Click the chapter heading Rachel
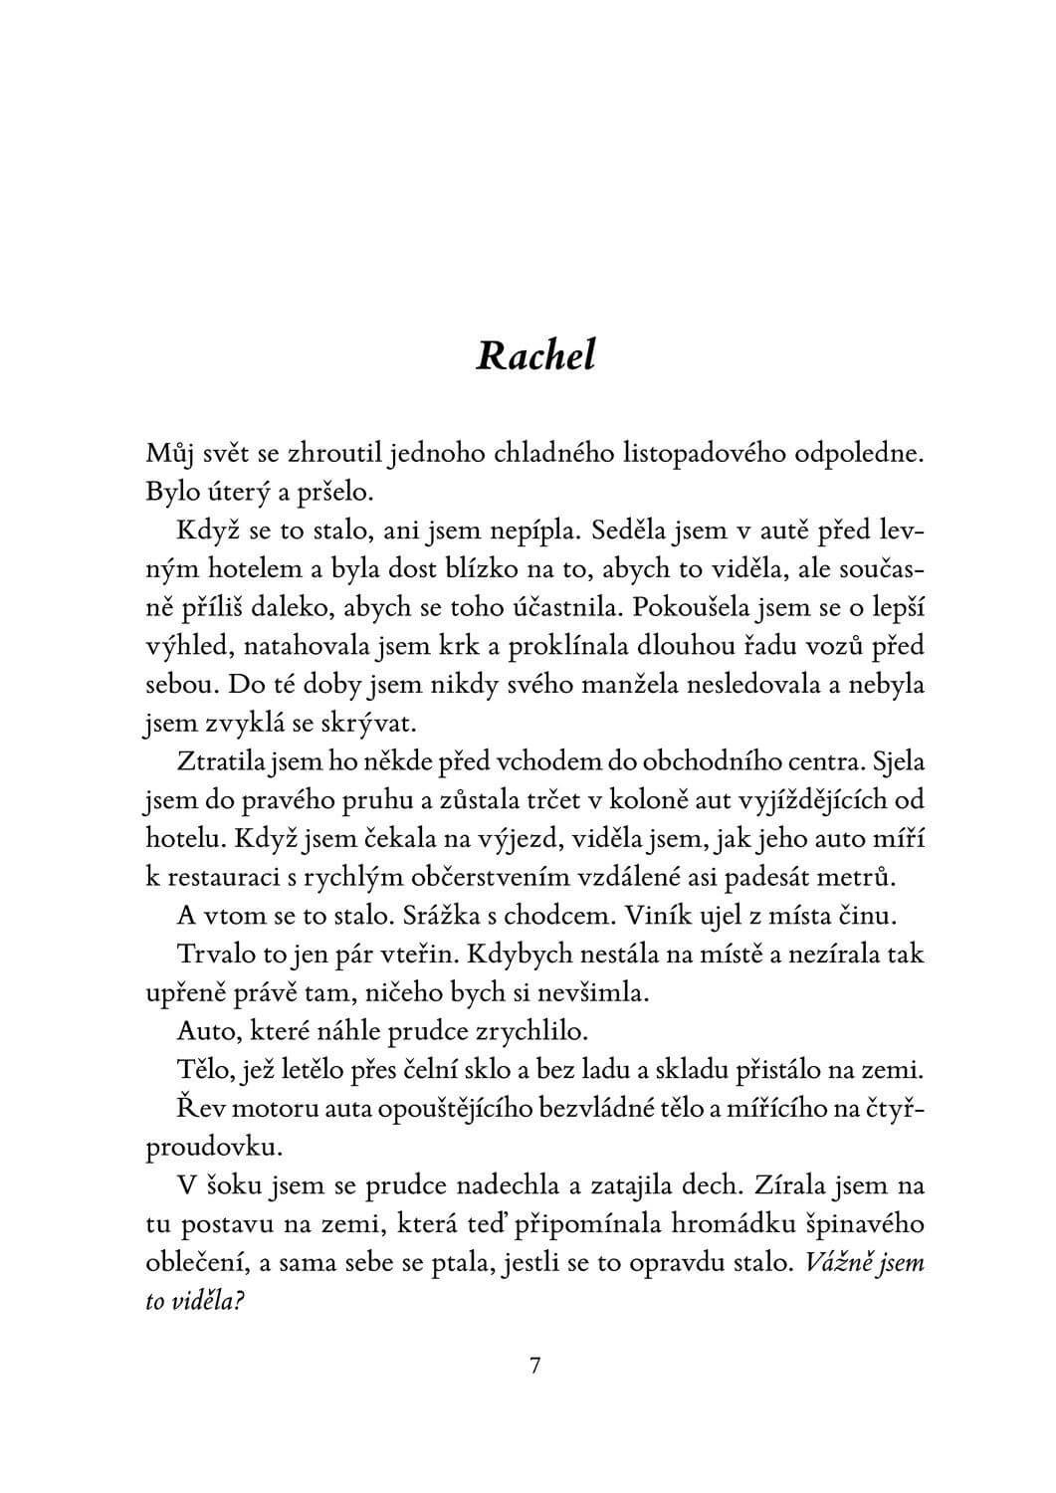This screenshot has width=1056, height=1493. tap(535, 354)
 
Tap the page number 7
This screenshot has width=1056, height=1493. tap(534, 1367)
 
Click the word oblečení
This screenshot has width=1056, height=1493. tap(196, 1262)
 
